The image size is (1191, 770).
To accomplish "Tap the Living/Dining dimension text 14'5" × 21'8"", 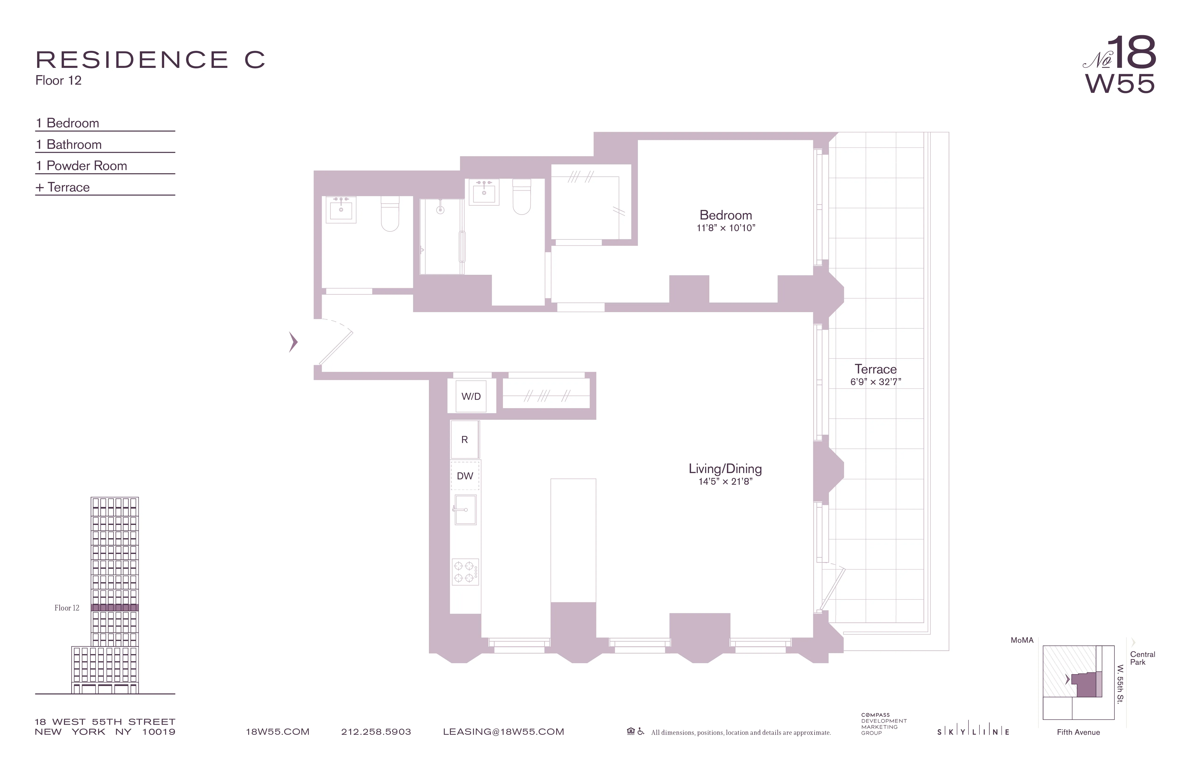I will point(725,481).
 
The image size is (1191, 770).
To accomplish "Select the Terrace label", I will point(875,369).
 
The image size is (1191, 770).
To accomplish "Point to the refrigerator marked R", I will point(464,439).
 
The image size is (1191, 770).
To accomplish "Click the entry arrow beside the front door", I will point(293,342).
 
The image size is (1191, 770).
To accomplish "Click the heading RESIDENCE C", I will point(150,60).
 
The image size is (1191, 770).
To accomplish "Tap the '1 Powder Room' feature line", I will point(81,166).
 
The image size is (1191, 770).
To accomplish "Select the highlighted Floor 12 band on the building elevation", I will point(115,607).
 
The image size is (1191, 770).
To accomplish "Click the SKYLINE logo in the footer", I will point(973,732).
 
